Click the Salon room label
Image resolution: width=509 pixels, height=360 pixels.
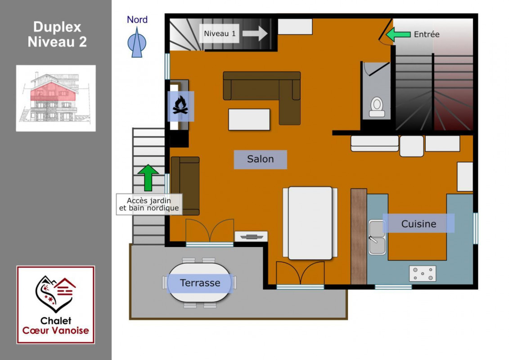pos(260,159)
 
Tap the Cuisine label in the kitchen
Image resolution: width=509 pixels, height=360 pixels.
pos(419,223)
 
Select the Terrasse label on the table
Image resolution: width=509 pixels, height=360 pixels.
pos(200,283)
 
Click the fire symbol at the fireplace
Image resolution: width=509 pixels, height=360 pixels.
pos(180,105)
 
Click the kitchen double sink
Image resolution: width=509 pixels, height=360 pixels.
pos(377,237)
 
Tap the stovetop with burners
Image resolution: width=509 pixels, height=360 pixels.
pos(422,273)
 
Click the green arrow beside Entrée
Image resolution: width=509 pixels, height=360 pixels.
pos(398,34)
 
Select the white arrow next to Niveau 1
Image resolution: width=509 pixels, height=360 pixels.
pos(255,33)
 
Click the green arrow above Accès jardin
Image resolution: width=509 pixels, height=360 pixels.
pos(148,178)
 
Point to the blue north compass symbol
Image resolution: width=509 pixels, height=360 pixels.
pos(137,42)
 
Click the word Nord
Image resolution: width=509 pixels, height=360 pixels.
pos(137,20)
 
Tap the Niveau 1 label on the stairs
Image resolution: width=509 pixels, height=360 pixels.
pos(220,33)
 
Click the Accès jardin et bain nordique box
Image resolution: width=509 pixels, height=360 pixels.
pos(149,204)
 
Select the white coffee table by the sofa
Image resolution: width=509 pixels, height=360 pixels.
pos(249,119)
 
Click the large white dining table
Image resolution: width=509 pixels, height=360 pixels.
pos(310,223)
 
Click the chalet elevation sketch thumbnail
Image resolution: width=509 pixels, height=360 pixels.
pos(56,98)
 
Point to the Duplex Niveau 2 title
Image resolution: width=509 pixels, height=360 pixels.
pos(57,34)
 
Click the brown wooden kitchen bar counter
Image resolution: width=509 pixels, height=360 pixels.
pos(359,236)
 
